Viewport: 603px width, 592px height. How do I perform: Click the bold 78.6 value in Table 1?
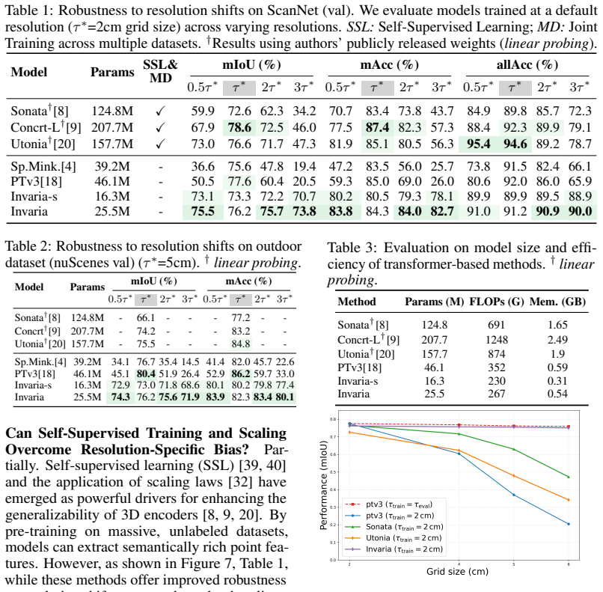(x=239, y=127)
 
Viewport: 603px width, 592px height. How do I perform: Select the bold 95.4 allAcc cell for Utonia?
(x=478, y=144)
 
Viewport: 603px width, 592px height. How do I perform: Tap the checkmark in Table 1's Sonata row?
(x=160, y=112)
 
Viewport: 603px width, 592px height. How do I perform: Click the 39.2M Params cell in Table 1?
(x=112, y=166)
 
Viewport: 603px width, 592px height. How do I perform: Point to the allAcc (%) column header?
(x=527, y=64)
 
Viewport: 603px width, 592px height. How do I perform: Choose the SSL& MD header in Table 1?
(x=160, y=71)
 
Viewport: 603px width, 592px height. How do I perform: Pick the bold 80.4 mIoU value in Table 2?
(x=146, y=373)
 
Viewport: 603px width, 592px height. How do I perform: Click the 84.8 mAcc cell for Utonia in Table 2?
(x=241, y=344)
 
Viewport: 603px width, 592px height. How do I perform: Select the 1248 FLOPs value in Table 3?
(x=497, y=340)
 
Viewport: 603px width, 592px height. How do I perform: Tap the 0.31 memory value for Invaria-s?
(x=557, y=381)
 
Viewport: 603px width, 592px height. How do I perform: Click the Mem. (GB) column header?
(x=557, y=302)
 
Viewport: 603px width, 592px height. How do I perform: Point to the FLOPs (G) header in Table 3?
(x=497, y=302)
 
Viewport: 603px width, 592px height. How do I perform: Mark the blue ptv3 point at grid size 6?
(x=569, y=524)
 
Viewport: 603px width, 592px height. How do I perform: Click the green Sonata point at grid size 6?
(x=569, y=477)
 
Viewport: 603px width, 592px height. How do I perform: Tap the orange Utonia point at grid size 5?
(x=514, y=476)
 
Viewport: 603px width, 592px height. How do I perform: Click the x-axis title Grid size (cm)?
(x=457, y=572)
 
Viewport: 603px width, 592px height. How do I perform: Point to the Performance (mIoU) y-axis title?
(x=323, y=485)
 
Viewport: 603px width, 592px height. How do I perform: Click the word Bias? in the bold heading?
(x=231, y=449)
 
